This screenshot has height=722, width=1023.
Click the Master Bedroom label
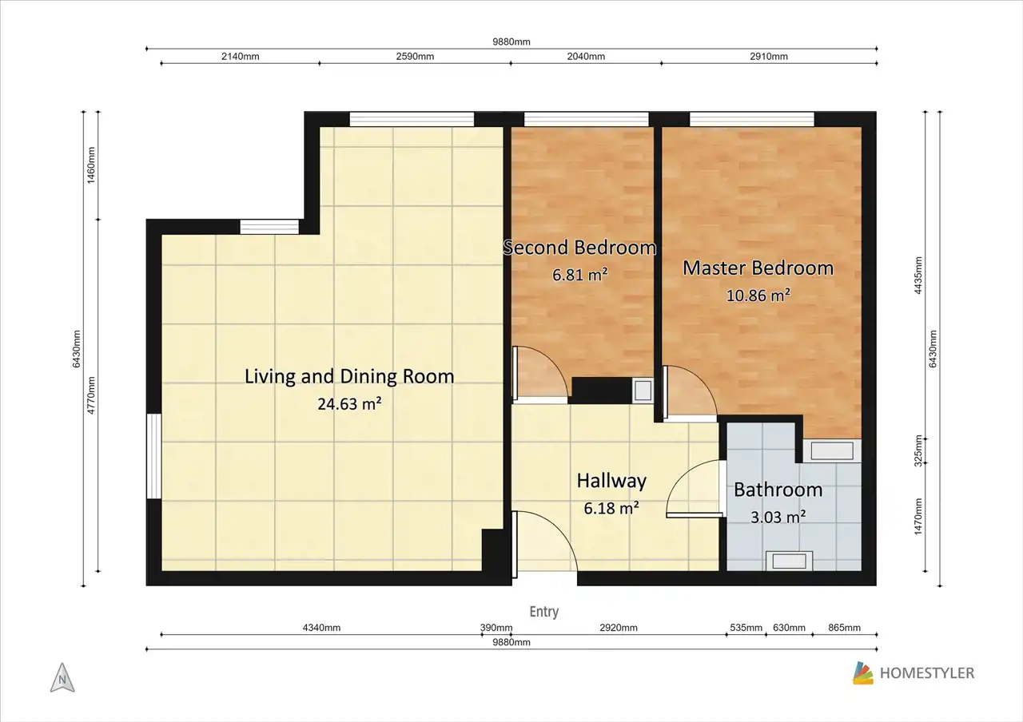pos(758,268)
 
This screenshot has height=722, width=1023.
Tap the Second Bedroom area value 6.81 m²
pos(580,275)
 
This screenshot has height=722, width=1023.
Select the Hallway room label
pos(611,481)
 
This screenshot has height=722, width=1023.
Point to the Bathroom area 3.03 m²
pos(778,517)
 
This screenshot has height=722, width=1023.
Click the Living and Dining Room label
pos(349,376)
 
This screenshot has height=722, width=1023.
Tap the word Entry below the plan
pos(544,612)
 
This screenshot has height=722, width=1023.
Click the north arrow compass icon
pos(62,677)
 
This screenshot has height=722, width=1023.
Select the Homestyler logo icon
pos(862,673)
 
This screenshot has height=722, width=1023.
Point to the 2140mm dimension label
pos(241,57)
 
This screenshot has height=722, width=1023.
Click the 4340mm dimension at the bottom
pos(321,628)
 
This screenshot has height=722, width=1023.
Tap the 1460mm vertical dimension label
pos(91,165)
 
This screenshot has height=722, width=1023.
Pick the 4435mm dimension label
pos(918,276)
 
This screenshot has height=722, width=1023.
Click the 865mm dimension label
pos(845,628)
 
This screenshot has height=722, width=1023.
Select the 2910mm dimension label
pos(769,57)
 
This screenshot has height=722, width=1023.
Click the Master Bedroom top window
pos(752,120)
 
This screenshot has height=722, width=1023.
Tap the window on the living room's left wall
pos(154,456)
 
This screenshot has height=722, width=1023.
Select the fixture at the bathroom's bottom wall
pos(789,561)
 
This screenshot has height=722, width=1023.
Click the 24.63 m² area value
pos(349,404)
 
